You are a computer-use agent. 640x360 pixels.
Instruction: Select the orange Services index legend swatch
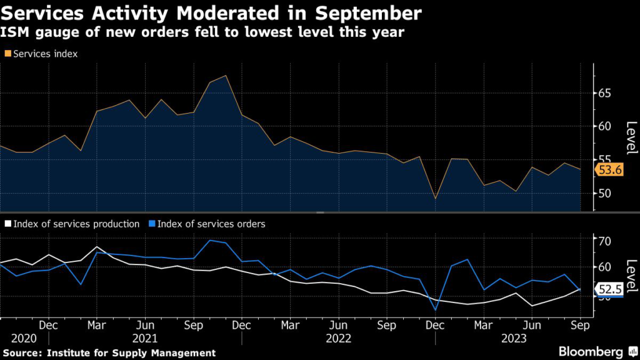point(7,54)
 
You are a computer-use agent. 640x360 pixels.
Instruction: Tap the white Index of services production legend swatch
point(7,224)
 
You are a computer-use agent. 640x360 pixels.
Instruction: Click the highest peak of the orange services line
point(226,76)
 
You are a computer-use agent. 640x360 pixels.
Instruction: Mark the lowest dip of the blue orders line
point(436,309)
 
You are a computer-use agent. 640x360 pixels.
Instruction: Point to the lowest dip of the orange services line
point(436,199)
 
